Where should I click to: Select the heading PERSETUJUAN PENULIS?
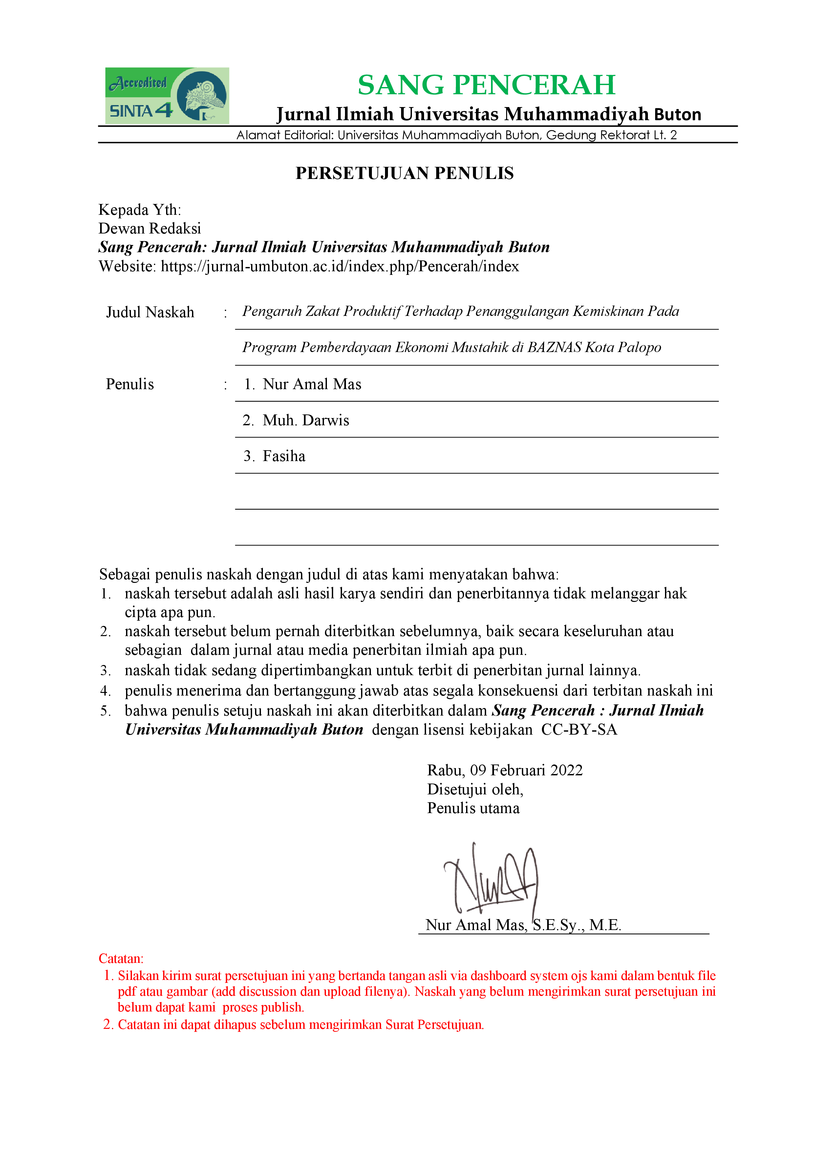tap(404, 173)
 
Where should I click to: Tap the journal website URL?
tap(339, 266)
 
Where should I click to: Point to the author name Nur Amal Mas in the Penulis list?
tap(311, 384)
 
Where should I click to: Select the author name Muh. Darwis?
tap(306, 420)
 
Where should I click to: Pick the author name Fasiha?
tap(284, 456)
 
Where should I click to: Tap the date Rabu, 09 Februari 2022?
tap(504, 770)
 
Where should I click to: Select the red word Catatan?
tap(121, 958)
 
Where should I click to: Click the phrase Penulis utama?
tap(473, 808)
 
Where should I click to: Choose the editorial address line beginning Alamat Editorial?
tap(457, 135)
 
